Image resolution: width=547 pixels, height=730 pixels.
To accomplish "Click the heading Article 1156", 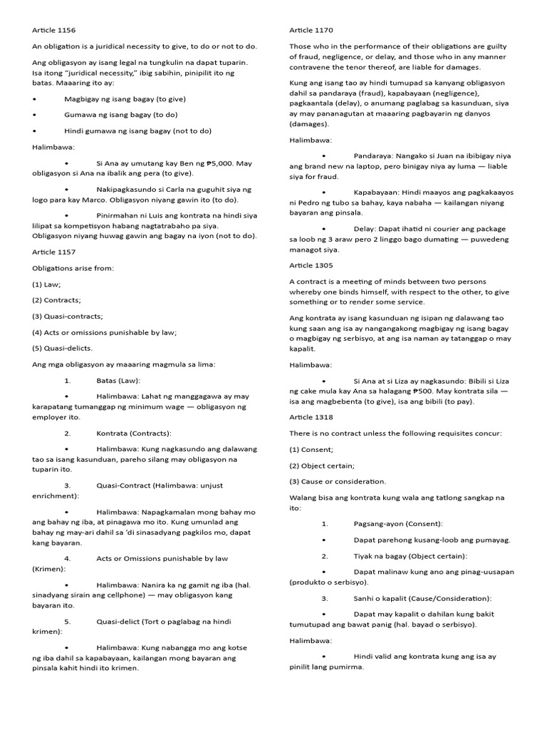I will point(54,30).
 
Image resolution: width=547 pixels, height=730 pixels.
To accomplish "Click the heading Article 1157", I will point(54,252).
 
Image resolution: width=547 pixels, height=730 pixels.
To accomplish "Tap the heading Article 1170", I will point(311,30).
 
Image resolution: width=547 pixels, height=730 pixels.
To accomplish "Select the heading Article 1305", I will point(311,265).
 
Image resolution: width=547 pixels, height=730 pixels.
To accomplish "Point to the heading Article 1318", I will point(311,416).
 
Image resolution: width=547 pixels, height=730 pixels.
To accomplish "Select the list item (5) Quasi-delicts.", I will point(63,348).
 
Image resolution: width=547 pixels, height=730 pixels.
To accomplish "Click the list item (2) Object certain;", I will point(322,466).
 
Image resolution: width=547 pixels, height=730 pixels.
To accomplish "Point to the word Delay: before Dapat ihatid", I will point(365,230).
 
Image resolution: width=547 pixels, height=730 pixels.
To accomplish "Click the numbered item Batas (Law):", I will point(118,381).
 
